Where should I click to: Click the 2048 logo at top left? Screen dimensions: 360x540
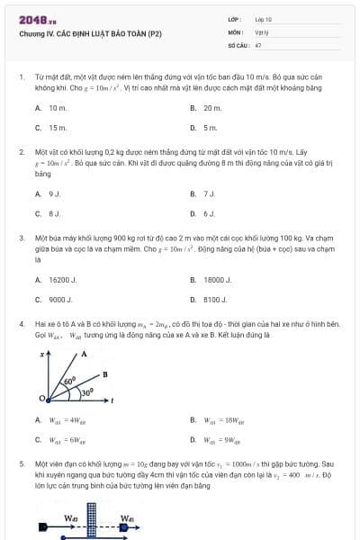32,19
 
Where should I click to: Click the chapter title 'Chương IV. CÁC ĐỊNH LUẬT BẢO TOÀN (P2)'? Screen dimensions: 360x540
83,31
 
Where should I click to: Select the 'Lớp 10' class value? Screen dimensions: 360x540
264,18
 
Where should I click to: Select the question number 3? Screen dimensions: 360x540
21,238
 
